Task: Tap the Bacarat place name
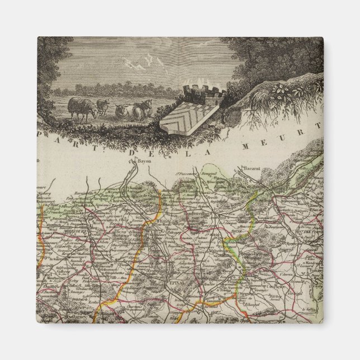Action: tap(252, 168)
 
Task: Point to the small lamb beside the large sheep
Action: tap(102, 106)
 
